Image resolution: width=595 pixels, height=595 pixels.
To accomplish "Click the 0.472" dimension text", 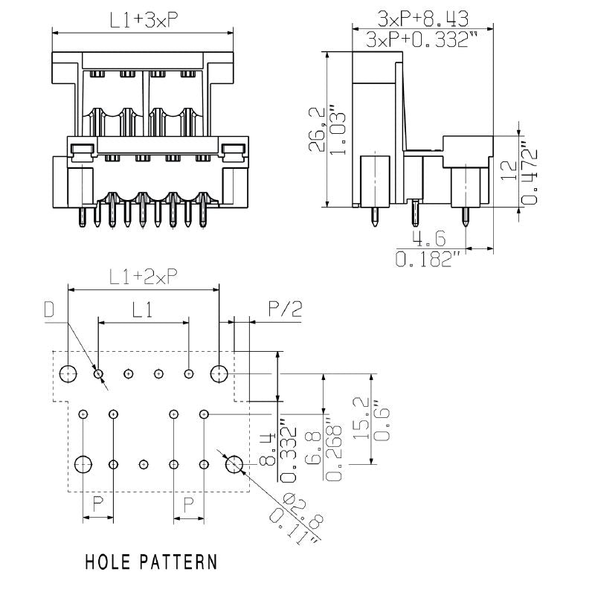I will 530,173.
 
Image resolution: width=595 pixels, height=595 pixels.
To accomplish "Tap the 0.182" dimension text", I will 428,260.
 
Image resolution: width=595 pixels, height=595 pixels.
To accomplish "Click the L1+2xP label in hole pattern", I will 143,277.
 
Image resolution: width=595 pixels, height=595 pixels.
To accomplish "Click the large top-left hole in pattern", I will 68,373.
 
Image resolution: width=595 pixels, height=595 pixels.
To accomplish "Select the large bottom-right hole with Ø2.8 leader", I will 234,464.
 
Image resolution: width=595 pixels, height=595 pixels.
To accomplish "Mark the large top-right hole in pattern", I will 219,373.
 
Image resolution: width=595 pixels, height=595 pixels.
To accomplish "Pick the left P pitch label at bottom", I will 97,506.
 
